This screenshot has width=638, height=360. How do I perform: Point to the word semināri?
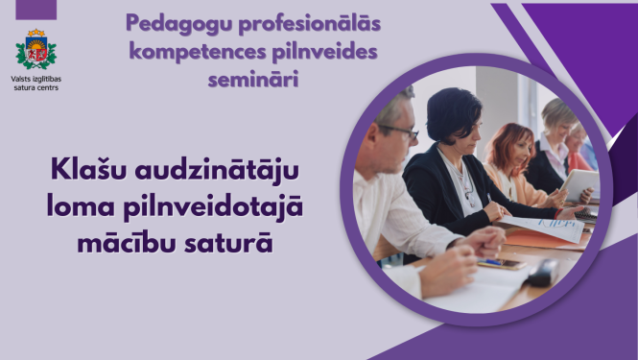[x=252, y=78]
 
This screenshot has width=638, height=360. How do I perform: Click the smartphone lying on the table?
[x=502, y=263]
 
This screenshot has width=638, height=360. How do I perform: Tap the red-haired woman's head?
[x=509, y=144]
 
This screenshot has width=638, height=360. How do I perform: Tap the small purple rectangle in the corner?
[x=36, y=10]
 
